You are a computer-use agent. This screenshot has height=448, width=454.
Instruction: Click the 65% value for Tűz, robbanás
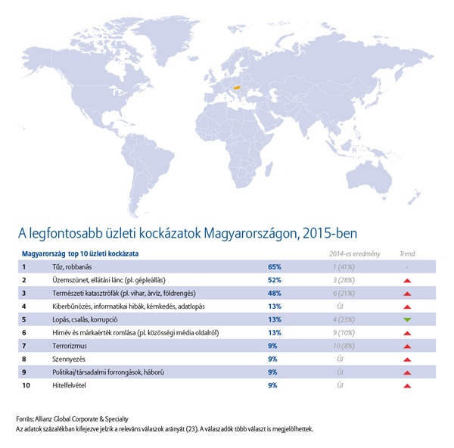click(x=275, y=266)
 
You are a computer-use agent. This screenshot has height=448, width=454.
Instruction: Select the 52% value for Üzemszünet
click(x=275, y=280)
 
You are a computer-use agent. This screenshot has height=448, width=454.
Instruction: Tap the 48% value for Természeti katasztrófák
click(x=275, y=293)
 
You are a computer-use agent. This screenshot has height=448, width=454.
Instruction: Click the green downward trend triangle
click(x=407, y=319)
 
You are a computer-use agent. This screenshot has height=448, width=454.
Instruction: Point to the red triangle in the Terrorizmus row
click(x=407, y=346)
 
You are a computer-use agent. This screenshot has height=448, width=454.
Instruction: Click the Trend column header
click(x=407, y=254)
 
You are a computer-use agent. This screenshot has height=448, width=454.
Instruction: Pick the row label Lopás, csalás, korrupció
click(x=73, y=319)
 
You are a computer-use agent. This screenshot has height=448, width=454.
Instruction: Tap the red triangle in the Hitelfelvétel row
click(x=407, y=385)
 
